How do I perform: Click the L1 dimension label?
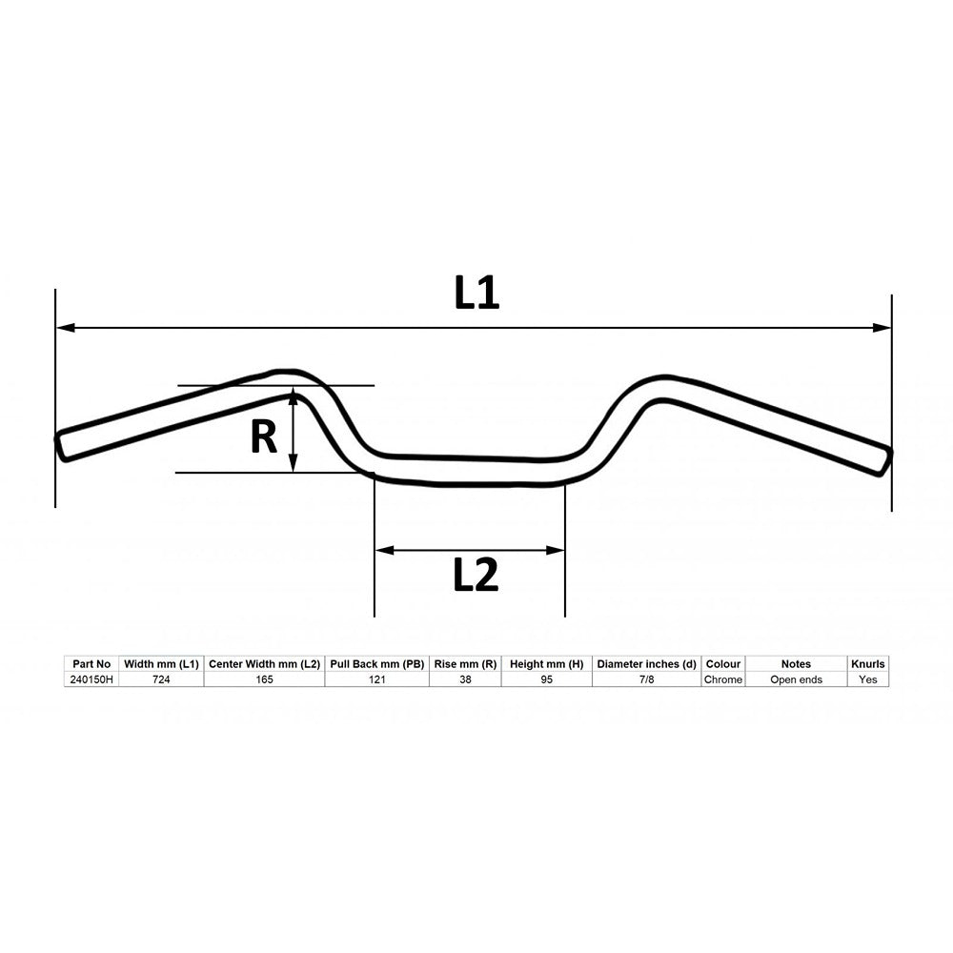(476, 294)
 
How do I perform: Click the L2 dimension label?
(476, 575)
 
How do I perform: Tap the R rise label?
(263, 437)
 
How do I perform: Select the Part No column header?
(91, 663)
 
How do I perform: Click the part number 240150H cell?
(91, 679)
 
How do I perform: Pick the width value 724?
(161, 679)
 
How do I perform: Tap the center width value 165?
(264, 679)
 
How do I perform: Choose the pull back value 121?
(376, 679)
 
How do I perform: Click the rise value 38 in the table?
(464, 679)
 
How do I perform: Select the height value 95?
(546, 679)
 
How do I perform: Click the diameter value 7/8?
(646, 679)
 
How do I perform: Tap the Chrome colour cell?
(723, 679)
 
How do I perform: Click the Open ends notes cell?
(796, 679)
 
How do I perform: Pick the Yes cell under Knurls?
(867, 679)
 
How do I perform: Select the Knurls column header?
(867, 663)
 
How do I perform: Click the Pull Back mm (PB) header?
(376, 663)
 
